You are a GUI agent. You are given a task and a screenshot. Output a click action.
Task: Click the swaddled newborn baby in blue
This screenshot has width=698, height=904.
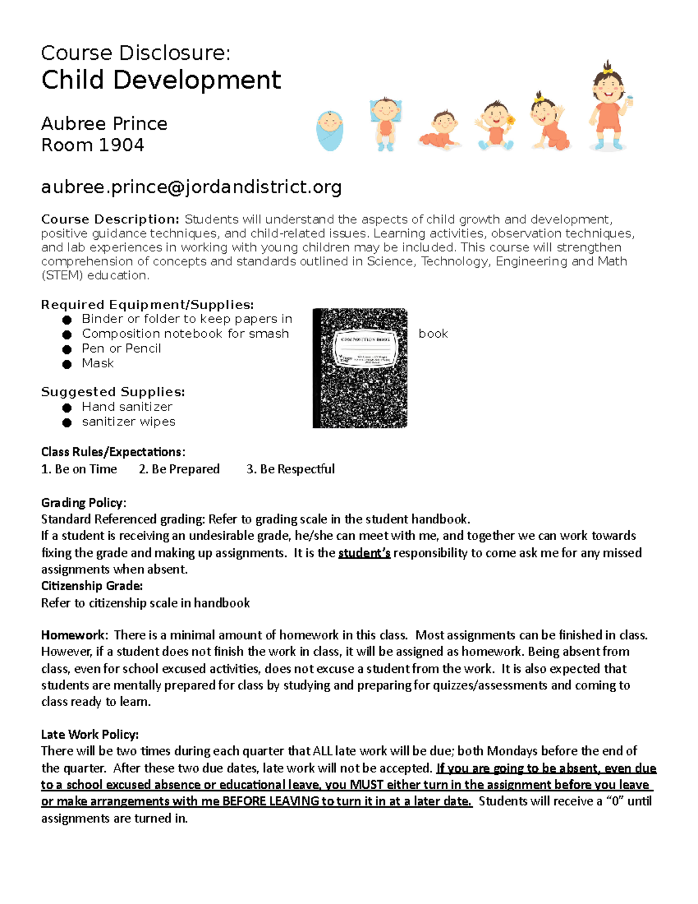330,130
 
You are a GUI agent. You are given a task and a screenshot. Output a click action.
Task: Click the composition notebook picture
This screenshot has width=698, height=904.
360,368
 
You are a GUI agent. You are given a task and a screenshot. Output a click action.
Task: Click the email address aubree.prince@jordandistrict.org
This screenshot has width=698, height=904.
191,187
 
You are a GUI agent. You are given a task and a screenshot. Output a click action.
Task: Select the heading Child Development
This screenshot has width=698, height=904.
161,80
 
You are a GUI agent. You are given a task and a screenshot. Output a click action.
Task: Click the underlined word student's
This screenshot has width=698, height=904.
364,553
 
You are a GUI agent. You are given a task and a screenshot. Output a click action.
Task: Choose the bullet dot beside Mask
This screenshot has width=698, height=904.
67,364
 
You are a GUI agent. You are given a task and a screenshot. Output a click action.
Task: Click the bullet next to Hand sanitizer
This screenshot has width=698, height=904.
67,408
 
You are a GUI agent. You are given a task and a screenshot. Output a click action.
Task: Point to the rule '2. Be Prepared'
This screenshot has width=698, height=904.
179,469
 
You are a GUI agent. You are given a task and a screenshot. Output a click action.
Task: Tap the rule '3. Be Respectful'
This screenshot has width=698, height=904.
290,469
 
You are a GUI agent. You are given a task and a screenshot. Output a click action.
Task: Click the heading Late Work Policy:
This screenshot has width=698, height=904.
90,734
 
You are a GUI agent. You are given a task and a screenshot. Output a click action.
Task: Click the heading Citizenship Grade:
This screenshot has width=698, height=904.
92,586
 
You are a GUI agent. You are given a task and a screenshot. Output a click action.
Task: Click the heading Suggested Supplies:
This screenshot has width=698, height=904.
113,392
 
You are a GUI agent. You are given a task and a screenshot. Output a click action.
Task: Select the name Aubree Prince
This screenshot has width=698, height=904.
104,123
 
